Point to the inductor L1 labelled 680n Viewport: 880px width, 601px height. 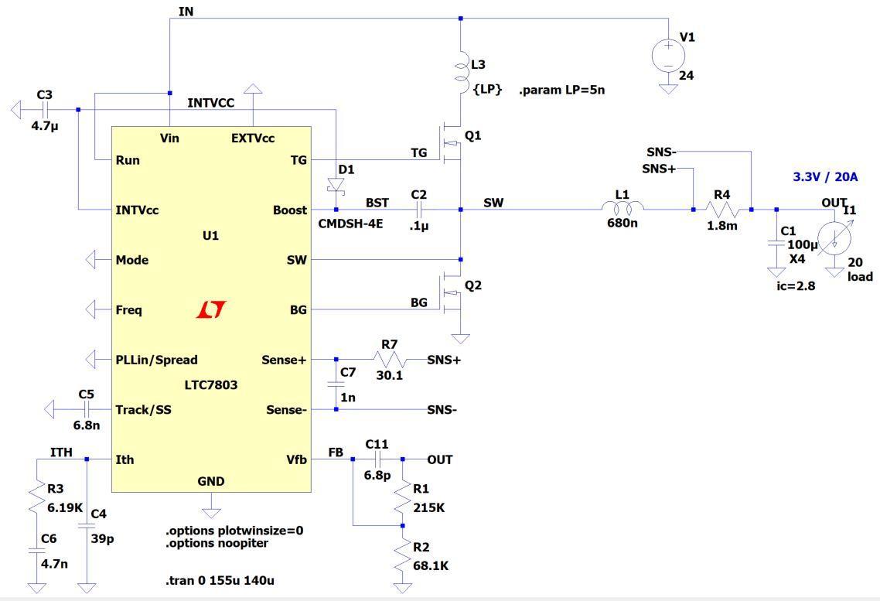[623, 208]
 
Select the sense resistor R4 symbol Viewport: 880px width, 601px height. [722, 209]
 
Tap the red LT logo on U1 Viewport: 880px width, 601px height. [210, 309]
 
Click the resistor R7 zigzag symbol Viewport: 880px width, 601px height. [391, 359]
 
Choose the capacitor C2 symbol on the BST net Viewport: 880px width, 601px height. [418, 209]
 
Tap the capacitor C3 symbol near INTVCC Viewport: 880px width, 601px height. [44, 110]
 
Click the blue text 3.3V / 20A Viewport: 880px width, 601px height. [825, 176]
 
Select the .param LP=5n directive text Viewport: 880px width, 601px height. [562, 90]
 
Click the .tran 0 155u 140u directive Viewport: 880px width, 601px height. [220, 580]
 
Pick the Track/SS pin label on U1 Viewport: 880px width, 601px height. [143, 409]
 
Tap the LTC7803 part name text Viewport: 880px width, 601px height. [210, 384]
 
